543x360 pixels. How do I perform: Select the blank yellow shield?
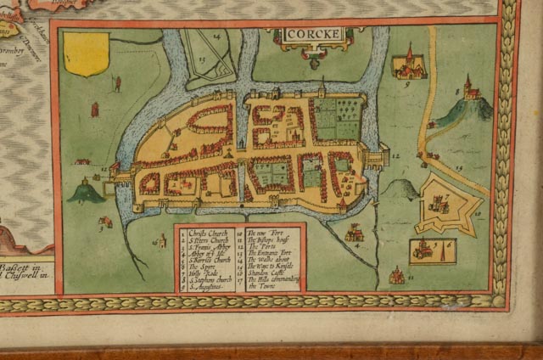click(86, 53)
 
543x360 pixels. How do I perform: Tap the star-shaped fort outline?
click(447, 204)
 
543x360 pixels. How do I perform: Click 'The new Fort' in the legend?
click(266, 232)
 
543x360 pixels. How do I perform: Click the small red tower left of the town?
click(94, 109)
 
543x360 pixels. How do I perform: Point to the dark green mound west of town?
click(87, 192)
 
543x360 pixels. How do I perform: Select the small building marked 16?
click(160, 241)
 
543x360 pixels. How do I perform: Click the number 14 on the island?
click(217, 37)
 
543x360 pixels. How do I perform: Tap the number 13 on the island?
click(201, 59)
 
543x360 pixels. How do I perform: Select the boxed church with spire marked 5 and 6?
click(432, 250)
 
